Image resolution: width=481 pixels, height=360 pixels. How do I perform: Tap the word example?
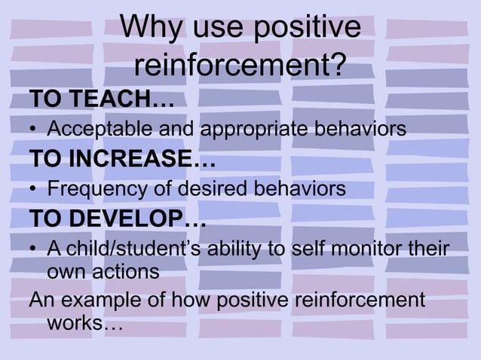(x=96, y=302)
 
